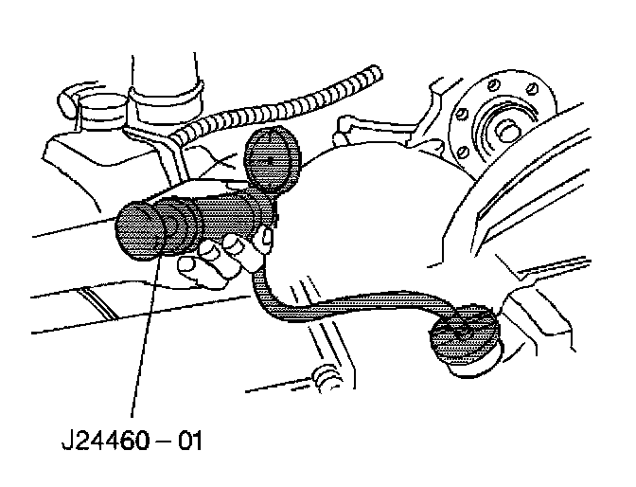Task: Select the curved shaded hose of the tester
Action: [x=341, y=308]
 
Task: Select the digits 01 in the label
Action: [x=188, y=442]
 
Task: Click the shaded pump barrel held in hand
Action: [x=227, y=218]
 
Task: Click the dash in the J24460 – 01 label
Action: [x=160, y=442]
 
